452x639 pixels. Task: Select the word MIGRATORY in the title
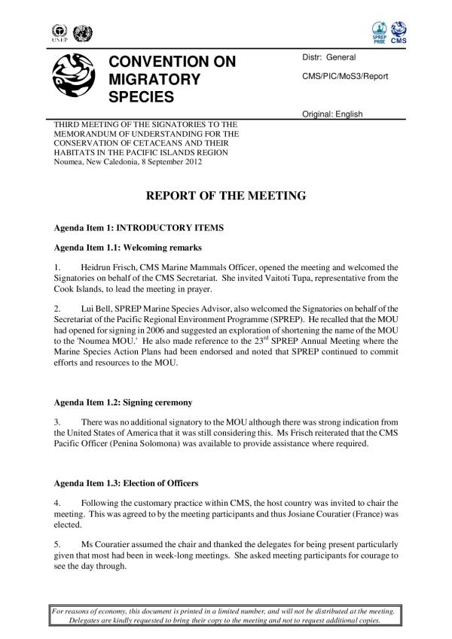coord(154,79)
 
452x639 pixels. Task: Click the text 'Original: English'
coord(332,114)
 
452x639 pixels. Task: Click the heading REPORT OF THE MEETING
coord(225,196)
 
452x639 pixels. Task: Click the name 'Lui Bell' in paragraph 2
coord(96,307)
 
